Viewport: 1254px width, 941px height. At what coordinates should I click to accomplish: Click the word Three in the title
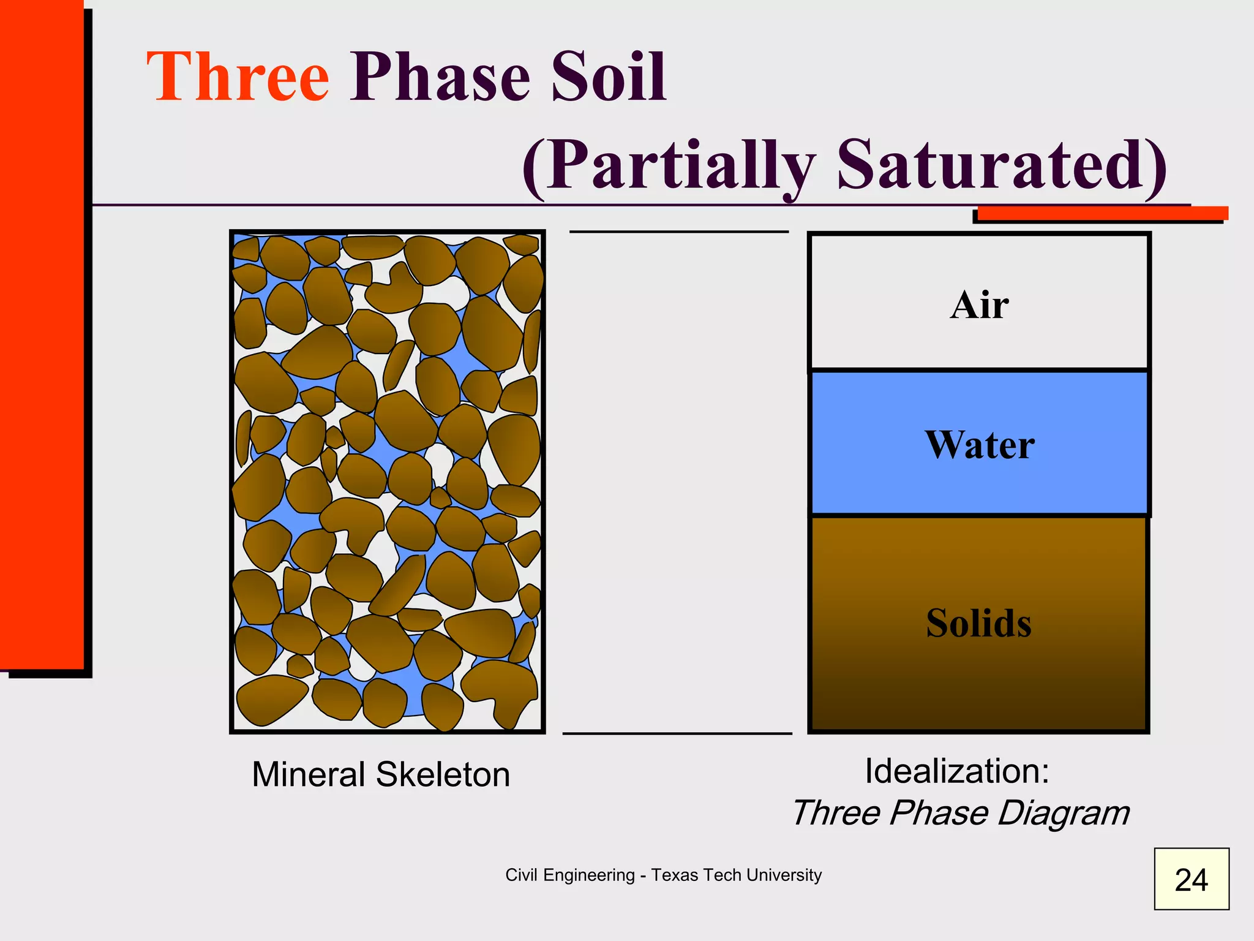pos(238,78)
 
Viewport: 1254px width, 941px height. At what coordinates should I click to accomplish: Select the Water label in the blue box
pos(979,445)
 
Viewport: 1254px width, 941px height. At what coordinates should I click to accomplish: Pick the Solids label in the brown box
pos(978,623)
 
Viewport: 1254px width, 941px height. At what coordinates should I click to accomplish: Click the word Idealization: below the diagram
pos(957,771)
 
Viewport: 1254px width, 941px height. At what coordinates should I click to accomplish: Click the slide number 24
pos(1191,880)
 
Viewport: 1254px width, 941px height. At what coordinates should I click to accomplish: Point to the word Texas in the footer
pos(674,875)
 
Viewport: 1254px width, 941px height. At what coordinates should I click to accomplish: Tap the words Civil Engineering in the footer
pos(569,875)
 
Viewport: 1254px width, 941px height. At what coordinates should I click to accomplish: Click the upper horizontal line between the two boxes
pos(678,232)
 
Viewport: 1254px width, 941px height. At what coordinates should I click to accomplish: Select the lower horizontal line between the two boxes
pos(677,733)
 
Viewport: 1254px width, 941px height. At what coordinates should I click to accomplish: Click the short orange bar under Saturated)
pos(1102,213)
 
